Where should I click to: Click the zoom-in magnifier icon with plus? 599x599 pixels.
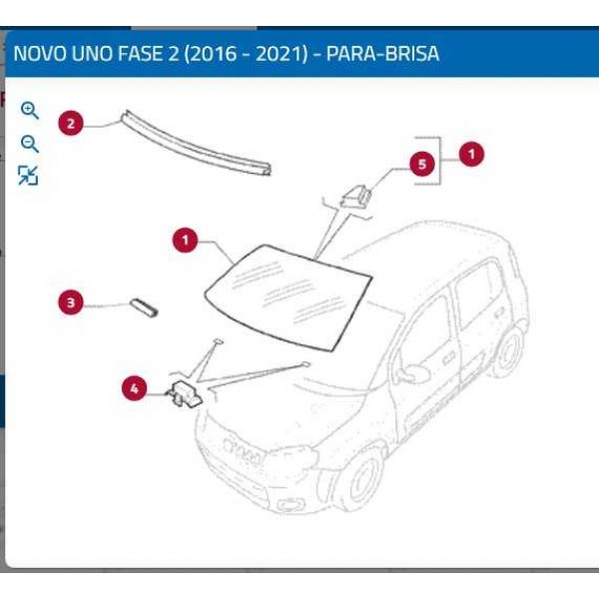tap(30, 110)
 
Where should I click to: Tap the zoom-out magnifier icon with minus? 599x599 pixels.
tap(30, 144)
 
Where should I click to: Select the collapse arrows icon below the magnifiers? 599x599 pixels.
tap(29, 177)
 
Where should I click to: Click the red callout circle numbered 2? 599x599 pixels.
tap(70, 124)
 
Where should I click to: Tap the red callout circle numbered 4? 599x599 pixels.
tap(135, 388)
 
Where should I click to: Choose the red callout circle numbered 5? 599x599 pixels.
tap(423, 164)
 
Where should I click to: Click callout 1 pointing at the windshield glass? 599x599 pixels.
tap(185, 240)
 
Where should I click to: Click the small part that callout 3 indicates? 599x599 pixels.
tap(145, 305)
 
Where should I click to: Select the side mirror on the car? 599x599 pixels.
tap(410, 374)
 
